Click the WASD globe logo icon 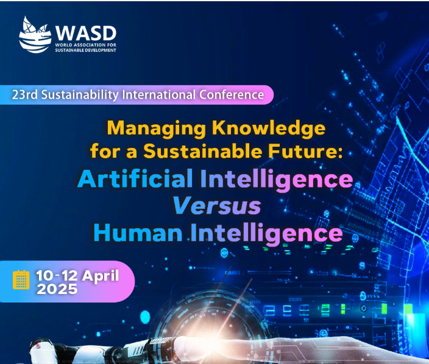pos(35,35)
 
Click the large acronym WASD pos(85,32)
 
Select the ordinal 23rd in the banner pos(24,95)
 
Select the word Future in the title pos(302,150)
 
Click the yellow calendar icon pos(21,279)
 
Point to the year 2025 pos(57,290)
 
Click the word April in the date pos(100,275)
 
